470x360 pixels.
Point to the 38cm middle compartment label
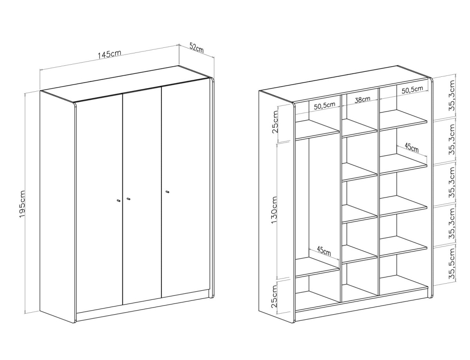(362, 99)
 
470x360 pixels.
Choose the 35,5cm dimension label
(452, 266)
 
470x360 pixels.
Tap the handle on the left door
(118, 201)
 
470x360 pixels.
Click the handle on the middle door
(128, 199)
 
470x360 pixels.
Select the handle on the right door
(167, 192)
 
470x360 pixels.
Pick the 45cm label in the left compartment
(324, 251)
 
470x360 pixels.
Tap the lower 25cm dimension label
(275, 296)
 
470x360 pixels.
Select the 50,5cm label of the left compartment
(325, 105)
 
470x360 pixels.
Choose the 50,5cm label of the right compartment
(412, 90)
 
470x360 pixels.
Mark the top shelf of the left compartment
(317, 130)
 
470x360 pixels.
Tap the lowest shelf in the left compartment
(317, 267)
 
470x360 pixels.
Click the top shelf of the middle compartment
(360, 128)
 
